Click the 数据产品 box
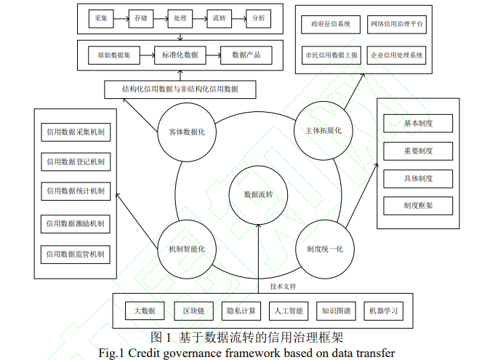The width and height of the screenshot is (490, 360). (x=246, y=55)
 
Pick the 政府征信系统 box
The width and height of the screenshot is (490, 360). (x=330, y=24)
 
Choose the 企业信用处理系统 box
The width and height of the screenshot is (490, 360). (x=397, y=55)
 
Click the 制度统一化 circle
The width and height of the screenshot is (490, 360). (x=320, y=249)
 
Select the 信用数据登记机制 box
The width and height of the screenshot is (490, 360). (x=75, y=161)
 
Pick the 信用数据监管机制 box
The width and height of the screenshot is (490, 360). (x=75, y=255)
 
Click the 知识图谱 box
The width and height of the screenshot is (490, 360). (x=336, y=311)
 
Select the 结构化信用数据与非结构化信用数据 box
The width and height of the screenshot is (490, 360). (x=180, y=89)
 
